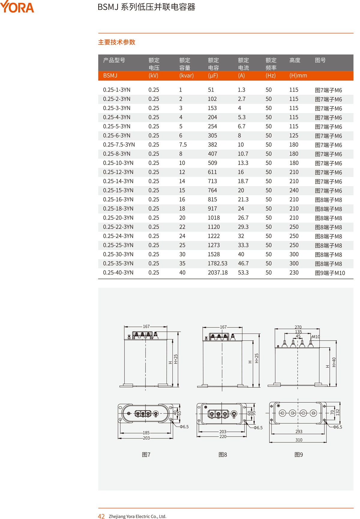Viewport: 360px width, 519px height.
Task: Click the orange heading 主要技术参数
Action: point(117,42)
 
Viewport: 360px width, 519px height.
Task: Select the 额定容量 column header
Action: point(185,64)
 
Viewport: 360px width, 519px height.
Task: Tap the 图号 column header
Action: point(320,60)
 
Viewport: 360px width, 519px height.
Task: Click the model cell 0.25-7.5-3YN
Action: point(119,145)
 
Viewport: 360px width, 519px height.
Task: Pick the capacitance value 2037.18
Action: point(217,273)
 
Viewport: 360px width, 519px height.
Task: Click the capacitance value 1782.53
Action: point(217,264)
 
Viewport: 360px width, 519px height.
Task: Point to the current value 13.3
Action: point(243,163)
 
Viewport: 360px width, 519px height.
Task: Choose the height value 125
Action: point(294,136)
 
